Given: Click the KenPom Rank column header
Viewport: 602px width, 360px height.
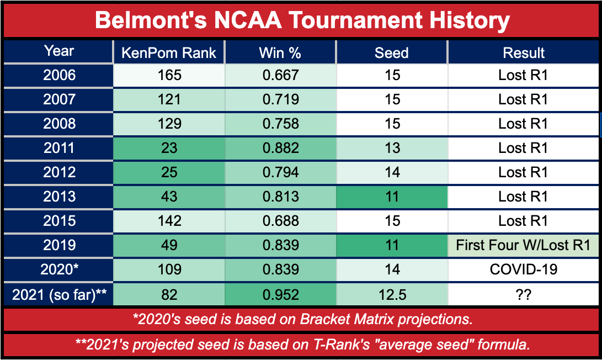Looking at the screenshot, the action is [168, 52].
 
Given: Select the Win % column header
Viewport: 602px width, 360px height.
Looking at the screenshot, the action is [280, 52].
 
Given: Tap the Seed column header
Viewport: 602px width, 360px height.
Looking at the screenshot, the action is [392, 52].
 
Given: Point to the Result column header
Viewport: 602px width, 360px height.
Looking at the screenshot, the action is [524, 52].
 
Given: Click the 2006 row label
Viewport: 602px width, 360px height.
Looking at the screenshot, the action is [59, 75].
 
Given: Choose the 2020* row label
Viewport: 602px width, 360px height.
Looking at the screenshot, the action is [59, 269].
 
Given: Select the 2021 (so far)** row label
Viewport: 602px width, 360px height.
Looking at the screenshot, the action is [59, 294].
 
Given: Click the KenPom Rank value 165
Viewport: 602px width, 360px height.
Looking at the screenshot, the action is [169, 75].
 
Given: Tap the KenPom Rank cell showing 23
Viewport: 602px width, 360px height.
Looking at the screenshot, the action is [169, 148].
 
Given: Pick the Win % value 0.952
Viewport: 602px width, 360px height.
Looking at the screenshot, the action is [281, 295].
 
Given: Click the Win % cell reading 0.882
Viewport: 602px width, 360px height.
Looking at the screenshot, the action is [281, 148].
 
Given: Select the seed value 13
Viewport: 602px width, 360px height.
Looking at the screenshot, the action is [392, 148].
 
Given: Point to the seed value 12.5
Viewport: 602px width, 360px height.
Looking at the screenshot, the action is [392, 295].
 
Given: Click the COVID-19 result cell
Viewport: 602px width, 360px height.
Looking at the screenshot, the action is [524, 269].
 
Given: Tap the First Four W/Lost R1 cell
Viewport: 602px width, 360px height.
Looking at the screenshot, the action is [523, 245].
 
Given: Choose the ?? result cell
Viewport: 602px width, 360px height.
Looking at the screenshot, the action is [524, 295].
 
